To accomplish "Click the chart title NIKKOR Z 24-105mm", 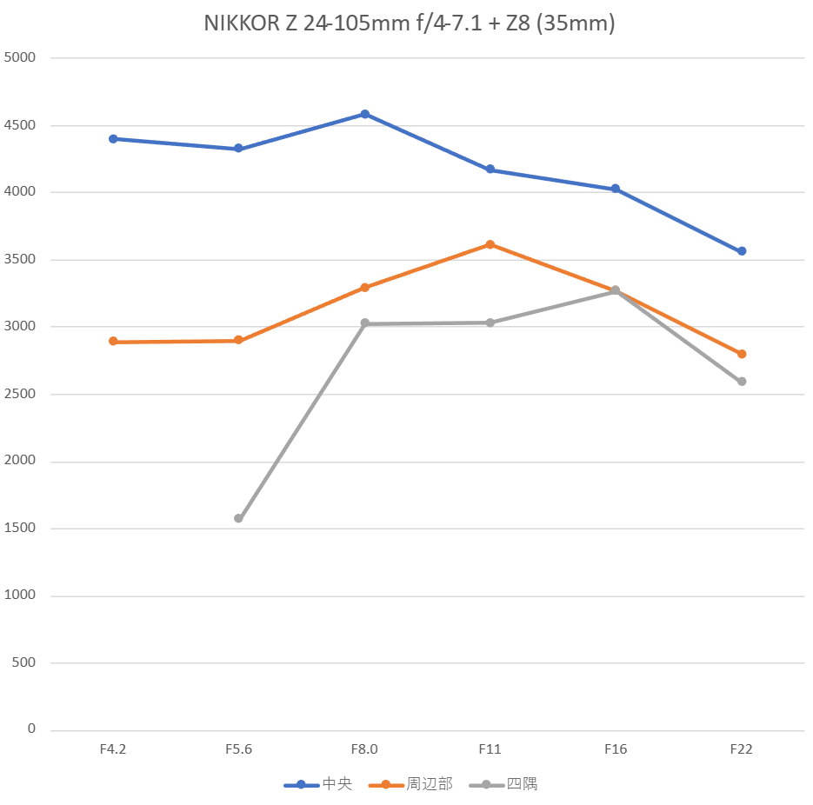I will pyautogui.click(x=409, y=23).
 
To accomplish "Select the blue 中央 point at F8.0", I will pyautogui.click(x=364, y=114).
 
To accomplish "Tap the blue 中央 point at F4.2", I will pyautogui.click(x=113, y=139).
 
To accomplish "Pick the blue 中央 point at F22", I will pyautogui.click(x=742, y=251).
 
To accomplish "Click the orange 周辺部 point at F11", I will pyautogui.click(x=490, y=244).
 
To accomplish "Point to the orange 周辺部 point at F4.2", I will pyautogui.click(x=113, y=342).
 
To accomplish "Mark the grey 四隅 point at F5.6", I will pyautogui.click(x=238, y=518).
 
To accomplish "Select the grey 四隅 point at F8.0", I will pyautogui.click(x=364, y=323).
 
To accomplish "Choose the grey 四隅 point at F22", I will pyautogui.click(x=742, y=382).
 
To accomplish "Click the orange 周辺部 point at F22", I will pyautogui.click(x=742, y=354).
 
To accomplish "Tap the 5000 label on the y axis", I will pyautogui.click(x=22, y=58).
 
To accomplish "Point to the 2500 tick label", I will pyautogui.click(x=22, y=394).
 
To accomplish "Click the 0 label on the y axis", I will pyautogui.click(x=31, y=729).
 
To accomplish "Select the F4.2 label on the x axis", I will pyautogui.click(x=113, y=749).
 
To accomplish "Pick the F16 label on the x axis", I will pyautogui.click(x=616, y=749).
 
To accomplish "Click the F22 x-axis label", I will pyautogui.click(x=742, y=749).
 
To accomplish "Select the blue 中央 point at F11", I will pyautogui.click(x=490, y=170).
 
